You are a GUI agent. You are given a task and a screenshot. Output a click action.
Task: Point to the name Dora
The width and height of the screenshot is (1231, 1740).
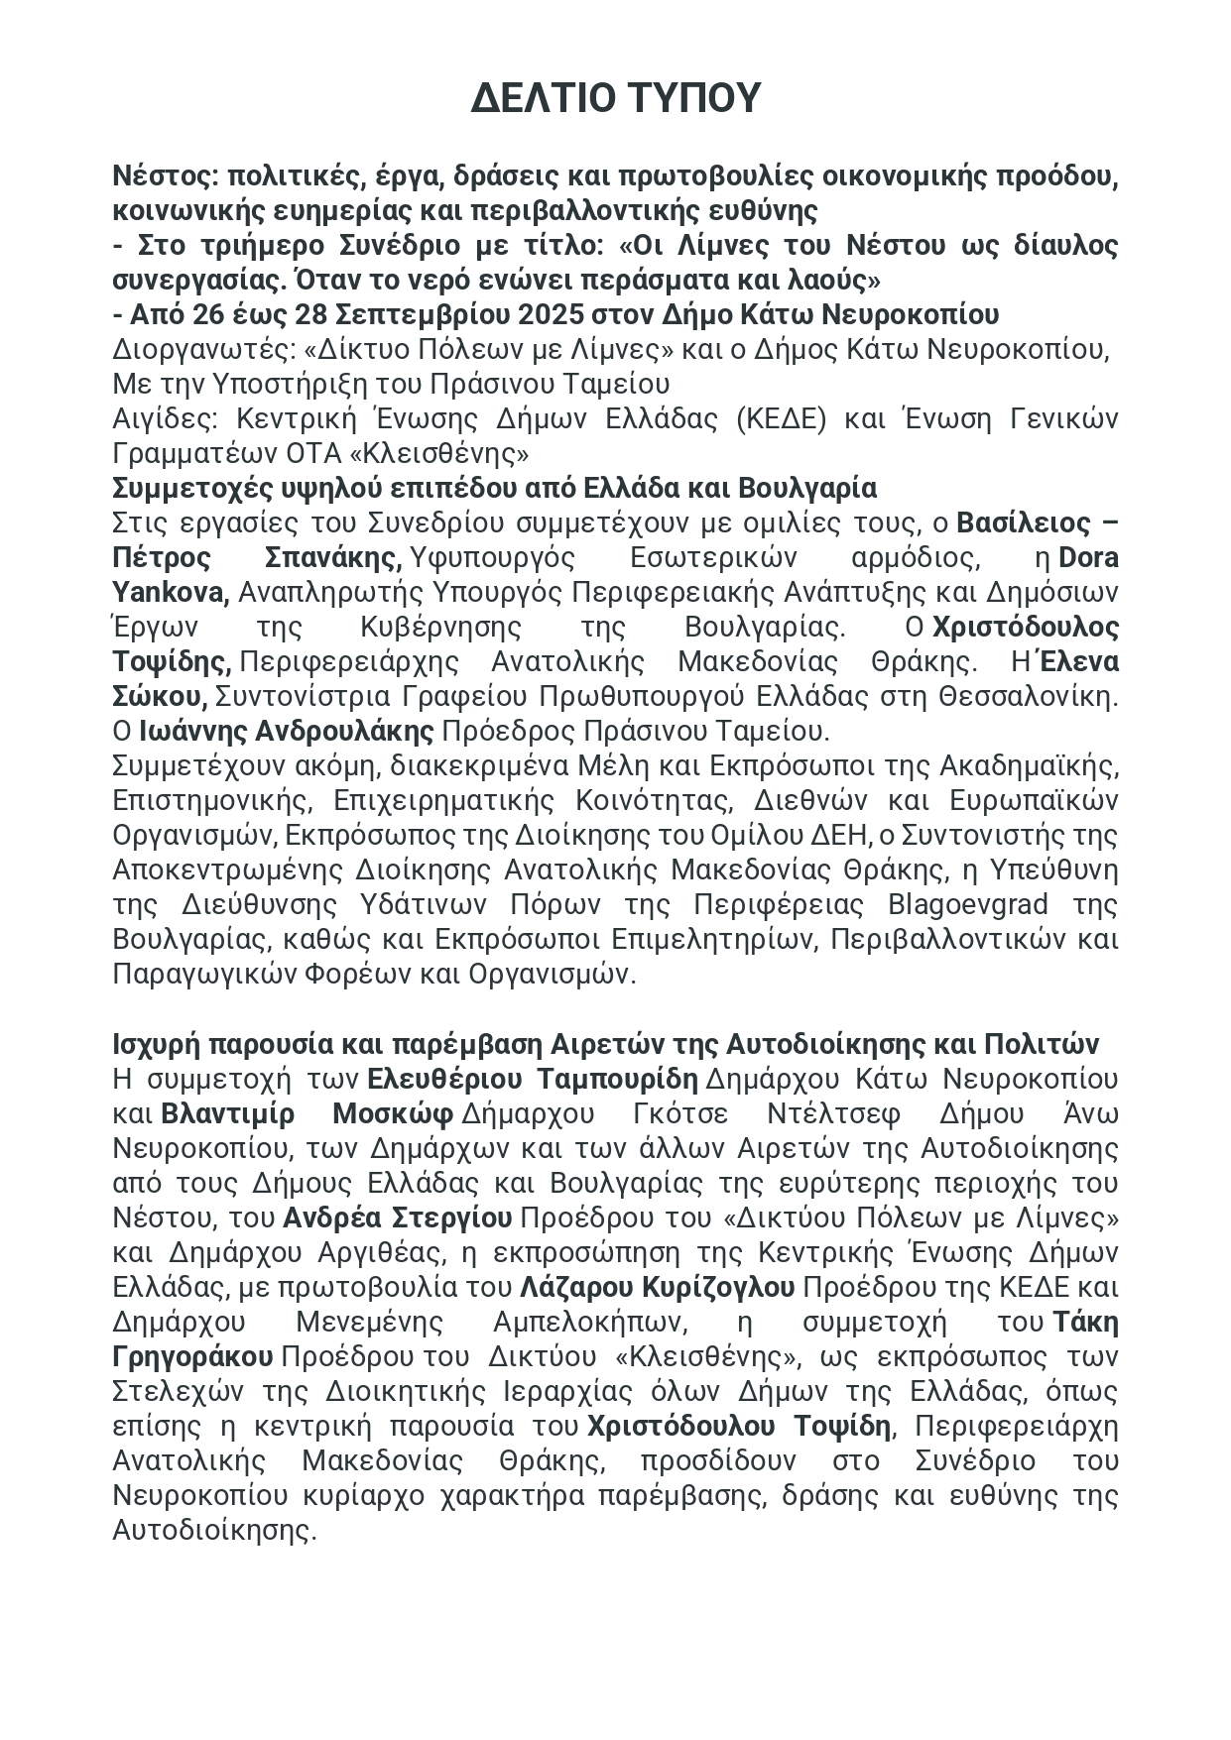coord(1088,558)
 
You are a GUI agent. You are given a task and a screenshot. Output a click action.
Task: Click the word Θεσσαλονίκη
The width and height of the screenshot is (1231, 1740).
coord(1026,697)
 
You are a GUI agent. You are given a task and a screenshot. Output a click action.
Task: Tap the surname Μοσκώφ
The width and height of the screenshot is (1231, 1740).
coord(392,1113)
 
